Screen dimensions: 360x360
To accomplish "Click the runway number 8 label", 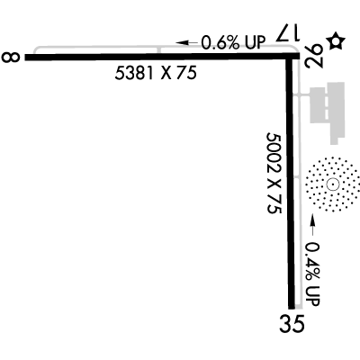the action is (x=11, y=57).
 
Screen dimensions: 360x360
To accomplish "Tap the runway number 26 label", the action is (x=314, y=56).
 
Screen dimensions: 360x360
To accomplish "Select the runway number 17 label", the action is (x=288, y=33).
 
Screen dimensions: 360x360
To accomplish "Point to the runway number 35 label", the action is (x=292, y=323).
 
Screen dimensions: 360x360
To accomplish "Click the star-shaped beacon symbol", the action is (x=336, y=41).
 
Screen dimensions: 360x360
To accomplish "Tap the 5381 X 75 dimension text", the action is (x=156, y=73).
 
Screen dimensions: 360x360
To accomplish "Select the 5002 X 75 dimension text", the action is (x=274, y=173).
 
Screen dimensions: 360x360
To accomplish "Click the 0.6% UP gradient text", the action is (x=233, y=42).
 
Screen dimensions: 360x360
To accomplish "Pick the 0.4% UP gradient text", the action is (x=312, y=274).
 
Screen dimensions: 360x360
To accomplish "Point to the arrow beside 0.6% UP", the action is (x=186, y=42).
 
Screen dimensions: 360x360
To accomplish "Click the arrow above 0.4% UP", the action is (x=312, y=225).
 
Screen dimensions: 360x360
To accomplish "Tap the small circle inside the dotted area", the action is (x=332, y=184).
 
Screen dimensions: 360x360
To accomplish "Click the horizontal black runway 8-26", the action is (x=162, y=57).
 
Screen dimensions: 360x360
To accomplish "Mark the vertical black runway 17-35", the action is (x=290, y=183).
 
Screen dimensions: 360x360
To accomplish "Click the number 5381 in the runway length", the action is (x=134, y=73).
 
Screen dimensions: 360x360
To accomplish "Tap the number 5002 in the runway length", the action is (x=274, y=152).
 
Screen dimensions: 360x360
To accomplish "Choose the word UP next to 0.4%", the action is (x=312, y=295).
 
